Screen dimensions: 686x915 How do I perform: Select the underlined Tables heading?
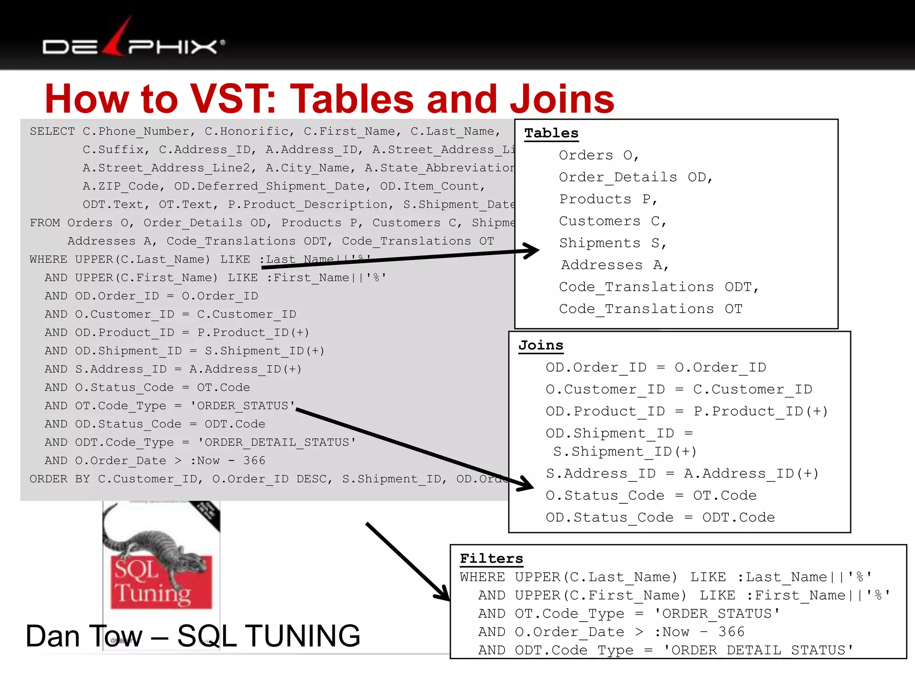coord(551,133)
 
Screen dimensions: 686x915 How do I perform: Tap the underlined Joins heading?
coord(541,345)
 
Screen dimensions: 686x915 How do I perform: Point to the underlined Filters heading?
coord(491,558)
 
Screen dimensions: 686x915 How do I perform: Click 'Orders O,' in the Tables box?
coord(599,155)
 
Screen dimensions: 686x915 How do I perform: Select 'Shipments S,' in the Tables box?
coord(613,243)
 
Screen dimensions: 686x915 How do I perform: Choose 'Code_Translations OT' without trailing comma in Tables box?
coord(651,309)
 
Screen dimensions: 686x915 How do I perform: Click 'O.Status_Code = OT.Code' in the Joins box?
coord(651,495)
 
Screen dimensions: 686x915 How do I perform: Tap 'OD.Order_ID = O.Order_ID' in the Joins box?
coord(656,368)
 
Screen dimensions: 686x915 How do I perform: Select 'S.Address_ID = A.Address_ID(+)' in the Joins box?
coord(682,473)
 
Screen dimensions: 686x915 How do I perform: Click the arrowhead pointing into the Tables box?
coord(532,251)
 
